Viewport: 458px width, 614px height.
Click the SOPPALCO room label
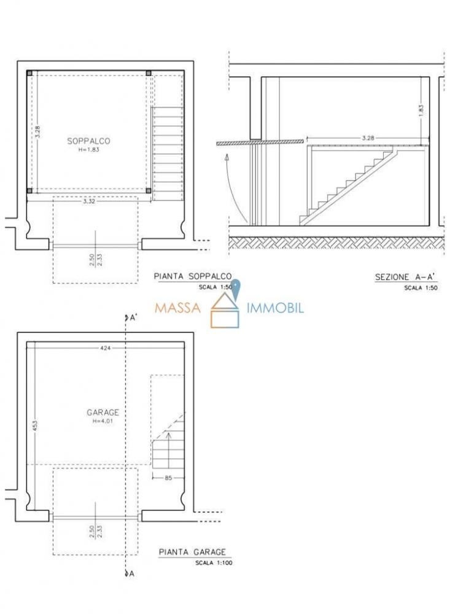coord(88,141)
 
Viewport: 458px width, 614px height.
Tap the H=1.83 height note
coord(88,150)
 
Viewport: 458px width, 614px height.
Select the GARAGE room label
coord(103,413)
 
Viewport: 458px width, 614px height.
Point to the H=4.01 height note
coord(103,421)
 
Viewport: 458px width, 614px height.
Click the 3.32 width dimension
coord(89,201)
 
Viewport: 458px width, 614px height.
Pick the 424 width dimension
coord(106,348)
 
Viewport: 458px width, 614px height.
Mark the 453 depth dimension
coord(34,427)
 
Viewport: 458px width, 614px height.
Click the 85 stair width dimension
coord(168,478)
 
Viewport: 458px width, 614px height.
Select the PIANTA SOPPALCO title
coord(193,276)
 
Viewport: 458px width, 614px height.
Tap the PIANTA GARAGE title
coord(192,552)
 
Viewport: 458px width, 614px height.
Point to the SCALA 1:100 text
coord(214,563)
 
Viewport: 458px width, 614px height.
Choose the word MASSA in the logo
coord(177,308)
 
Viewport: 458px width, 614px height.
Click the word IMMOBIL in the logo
coord(275,308)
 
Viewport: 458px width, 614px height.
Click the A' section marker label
coord(133,317)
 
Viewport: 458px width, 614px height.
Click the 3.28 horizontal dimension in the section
coord(368,138)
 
